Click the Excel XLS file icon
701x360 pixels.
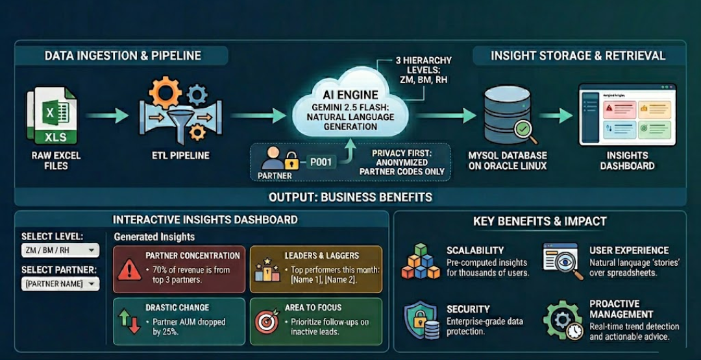(x=51, y=117)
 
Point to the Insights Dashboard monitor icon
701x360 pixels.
(x=626, y=115)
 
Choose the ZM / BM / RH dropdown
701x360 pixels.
(x=60, y=250)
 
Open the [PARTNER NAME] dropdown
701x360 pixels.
(x=60, y=283)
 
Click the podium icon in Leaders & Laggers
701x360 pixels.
(x=266, y=268)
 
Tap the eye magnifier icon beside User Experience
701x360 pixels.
(x=563, y=261)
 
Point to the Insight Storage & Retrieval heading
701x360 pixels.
(x=578, y=56)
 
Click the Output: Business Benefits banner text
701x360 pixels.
(x=350, y=197)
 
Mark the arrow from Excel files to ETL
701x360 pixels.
(x=107, y=115)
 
